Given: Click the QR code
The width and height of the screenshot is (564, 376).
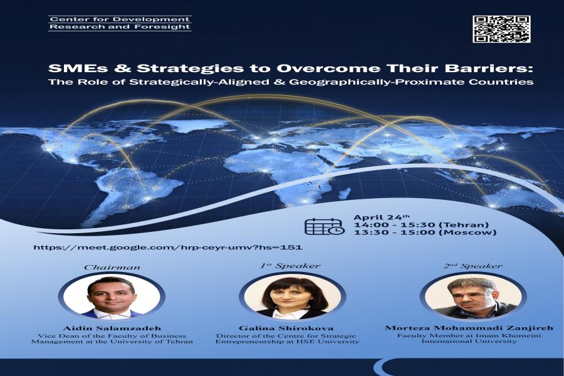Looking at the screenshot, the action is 501,29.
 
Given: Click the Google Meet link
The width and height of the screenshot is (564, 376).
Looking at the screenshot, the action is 167,247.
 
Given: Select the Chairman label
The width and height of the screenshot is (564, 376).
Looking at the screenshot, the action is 112,267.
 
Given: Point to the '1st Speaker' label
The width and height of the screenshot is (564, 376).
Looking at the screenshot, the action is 290,266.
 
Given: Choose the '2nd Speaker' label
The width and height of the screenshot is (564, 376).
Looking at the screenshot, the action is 473,266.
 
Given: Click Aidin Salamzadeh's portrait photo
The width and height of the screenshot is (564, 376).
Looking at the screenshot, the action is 112,297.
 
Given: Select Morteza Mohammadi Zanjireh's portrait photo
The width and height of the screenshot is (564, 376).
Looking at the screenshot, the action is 473,296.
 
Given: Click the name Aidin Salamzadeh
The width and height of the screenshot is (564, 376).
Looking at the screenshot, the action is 112,328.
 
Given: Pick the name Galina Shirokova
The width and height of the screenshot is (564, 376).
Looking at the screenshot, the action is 286,328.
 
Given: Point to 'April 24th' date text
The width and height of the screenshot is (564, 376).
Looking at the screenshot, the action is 381,217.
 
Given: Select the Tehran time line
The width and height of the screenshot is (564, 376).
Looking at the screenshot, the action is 421,225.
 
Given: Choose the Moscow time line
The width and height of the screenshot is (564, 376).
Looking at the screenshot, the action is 425,232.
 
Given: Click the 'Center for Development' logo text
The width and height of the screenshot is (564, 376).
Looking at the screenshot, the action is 120,19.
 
